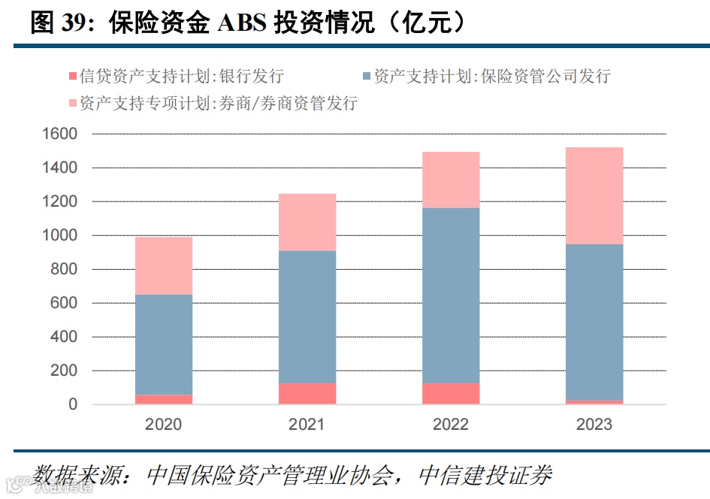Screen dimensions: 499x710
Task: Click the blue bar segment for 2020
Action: [164, 344]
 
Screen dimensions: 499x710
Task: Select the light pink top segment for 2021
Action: [307, 222]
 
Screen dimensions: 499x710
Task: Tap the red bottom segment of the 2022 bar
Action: [451, 394]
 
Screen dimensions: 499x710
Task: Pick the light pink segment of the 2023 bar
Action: [594, 195]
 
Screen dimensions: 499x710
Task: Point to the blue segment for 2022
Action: [451, 295]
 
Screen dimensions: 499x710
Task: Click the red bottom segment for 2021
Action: [307, 394]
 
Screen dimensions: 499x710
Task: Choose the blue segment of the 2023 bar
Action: [594, 322]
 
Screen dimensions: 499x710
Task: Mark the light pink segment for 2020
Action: [164, 265]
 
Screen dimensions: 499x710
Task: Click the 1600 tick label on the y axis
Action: [62, 135]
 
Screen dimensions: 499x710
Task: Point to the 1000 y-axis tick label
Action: [62, 236]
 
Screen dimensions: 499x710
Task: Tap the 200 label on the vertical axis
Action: [66, 371]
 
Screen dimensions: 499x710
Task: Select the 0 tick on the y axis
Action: [73, 405]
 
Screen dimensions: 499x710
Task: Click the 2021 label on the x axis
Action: [307, 425]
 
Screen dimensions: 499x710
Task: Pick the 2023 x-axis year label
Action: [594, 425]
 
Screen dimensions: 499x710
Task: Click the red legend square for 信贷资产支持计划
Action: [73, 77]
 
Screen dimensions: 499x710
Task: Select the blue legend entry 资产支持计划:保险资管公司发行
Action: [491, 77]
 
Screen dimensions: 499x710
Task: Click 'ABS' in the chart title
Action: [241, 23]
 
